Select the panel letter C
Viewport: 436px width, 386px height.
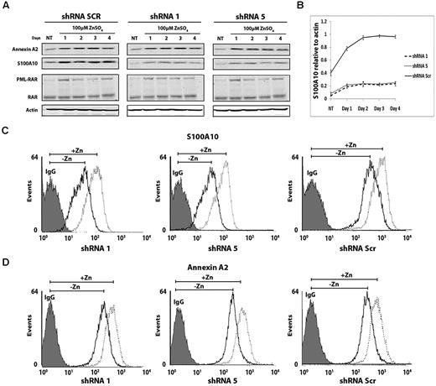click(6, 132)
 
